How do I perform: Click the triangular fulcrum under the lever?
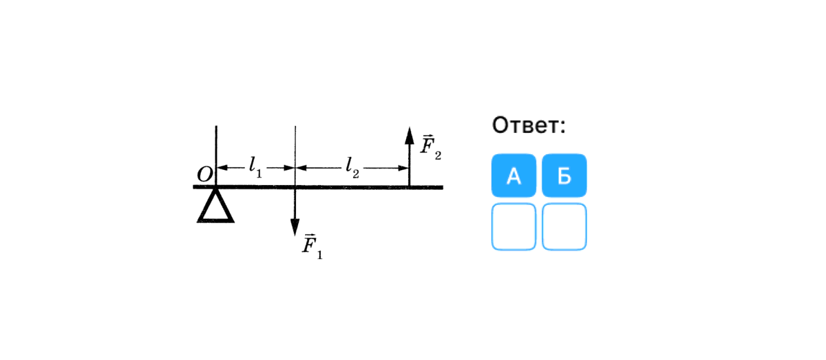[x=215, y=207]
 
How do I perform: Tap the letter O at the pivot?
[x=204, y=175]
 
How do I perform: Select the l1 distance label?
[x=255, y=167]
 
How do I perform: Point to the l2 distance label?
[x=352, y=167]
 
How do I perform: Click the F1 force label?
[x=312, y=246]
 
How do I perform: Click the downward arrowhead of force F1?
[x=295, y=227]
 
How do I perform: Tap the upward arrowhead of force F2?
[x=409, y=135]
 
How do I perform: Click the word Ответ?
[x=529, y=125]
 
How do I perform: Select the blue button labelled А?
[x=513, y=176]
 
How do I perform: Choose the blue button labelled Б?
[x=564, y=176]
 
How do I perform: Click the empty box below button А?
[x=513, y=226]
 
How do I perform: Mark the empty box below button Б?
[x=564, y=226]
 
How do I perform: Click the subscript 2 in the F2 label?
[x=438, y=156]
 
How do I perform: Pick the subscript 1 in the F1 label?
[x=319, y=255]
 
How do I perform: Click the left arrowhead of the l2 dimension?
[x=300, y=167]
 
